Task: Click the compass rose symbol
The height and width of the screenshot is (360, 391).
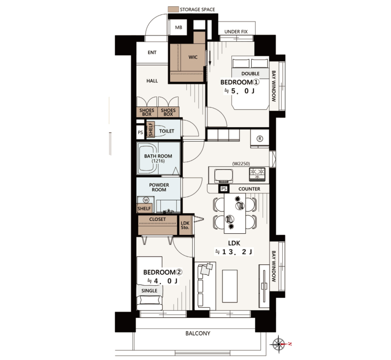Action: pos(279,344)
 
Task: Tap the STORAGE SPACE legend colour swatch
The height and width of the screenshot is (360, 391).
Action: pos(173,9)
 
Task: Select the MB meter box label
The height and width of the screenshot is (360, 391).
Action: pos(178,27)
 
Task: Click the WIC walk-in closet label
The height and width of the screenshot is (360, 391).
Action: pos(193,57)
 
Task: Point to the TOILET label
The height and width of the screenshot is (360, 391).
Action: pos(166,131)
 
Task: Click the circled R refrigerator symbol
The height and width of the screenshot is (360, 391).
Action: pos(260,139)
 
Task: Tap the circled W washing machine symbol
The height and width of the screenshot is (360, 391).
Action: pos(146,200)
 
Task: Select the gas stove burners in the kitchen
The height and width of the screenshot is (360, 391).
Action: pos(257,174)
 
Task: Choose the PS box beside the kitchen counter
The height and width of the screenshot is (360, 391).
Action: pos(224,189)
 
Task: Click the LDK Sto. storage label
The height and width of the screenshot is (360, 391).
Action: pos(185,225)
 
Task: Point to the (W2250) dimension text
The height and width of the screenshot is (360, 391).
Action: pos(241,163)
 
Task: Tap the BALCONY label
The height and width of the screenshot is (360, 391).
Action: pos(198,333)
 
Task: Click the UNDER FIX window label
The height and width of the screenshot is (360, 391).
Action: pos(236,31)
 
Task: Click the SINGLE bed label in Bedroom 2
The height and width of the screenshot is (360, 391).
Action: pos(149,291)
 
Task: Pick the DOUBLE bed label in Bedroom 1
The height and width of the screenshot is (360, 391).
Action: pos(250,73)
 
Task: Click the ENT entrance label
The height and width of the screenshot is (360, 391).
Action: pos(152,52)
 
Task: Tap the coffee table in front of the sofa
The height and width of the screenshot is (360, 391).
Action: pos(229,286)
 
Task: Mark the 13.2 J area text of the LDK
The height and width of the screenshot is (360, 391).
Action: pos(234,252)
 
